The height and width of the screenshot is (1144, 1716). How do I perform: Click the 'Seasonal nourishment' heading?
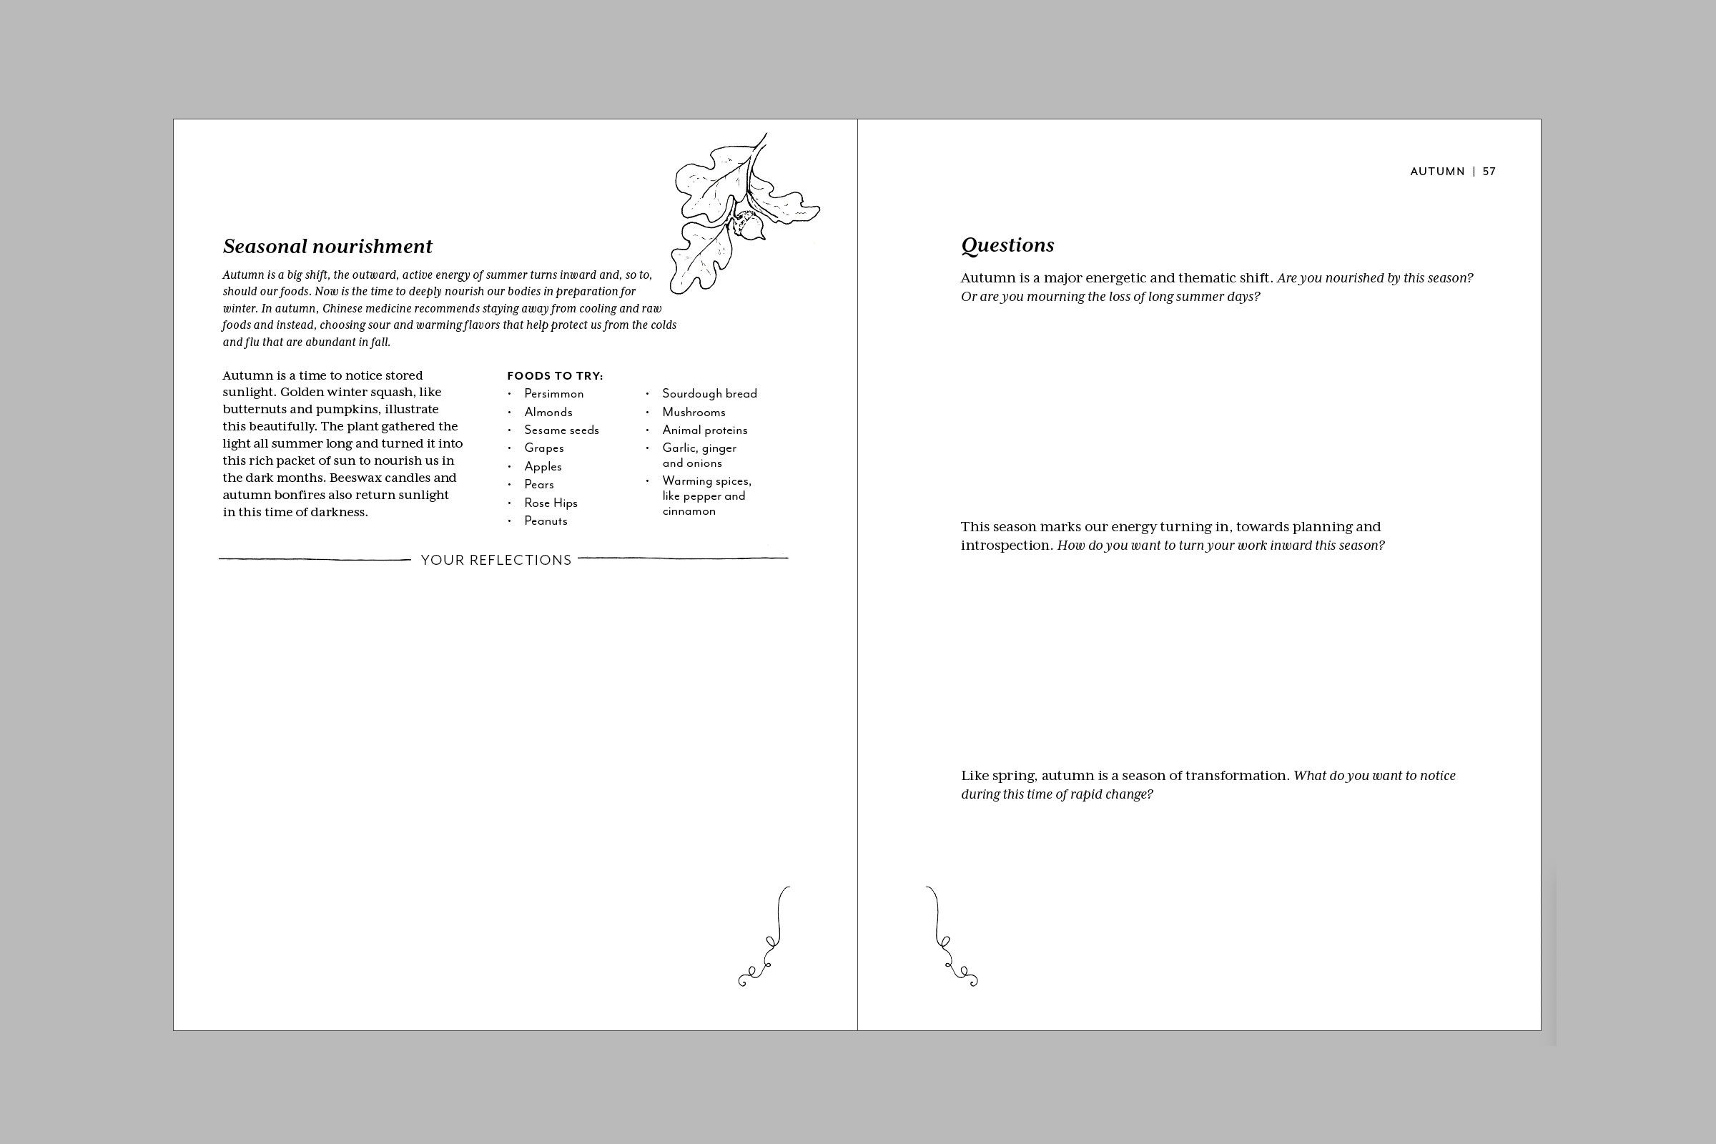coord(327,247)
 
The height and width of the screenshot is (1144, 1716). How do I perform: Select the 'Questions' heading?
coord(1007,245)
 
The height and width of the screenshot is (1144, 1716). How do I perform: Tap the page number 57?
coord(1489,172)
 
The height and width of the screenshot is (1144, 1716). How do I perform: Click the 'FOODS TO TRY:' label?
coord(555,376)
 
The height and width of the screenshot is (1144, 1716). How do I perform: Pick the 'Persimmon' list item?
coord(553,394)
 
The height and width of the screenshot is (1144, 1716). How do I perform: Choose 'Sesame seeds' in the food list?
coord(561,430)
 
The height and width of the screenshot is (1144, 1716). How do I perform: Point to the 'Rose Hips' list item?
coord(551,503)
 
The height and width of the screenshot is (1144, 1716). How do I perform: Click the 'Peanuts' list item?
coord(546,521)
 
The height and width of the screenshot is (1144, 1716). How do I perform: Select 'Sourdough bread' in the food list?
coord(709,394)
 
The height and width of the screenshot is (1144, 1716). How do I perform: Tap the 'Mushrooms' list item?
coord(694,413)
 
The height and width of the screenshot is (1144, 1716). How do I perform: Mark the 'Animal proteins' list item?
coord(705,430)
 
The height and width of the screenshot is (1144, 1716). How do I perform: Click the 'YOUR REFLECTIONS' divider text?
coord(496,561)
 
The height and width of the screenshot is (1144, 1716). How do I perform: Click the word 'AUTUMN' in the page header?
coord(1437,172)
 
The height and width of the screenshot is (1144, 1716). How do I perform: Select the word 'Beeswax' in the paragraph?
coord(354,478)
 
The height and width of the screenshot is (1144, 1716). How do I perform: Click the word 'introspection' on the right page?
coord(1005,546)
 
